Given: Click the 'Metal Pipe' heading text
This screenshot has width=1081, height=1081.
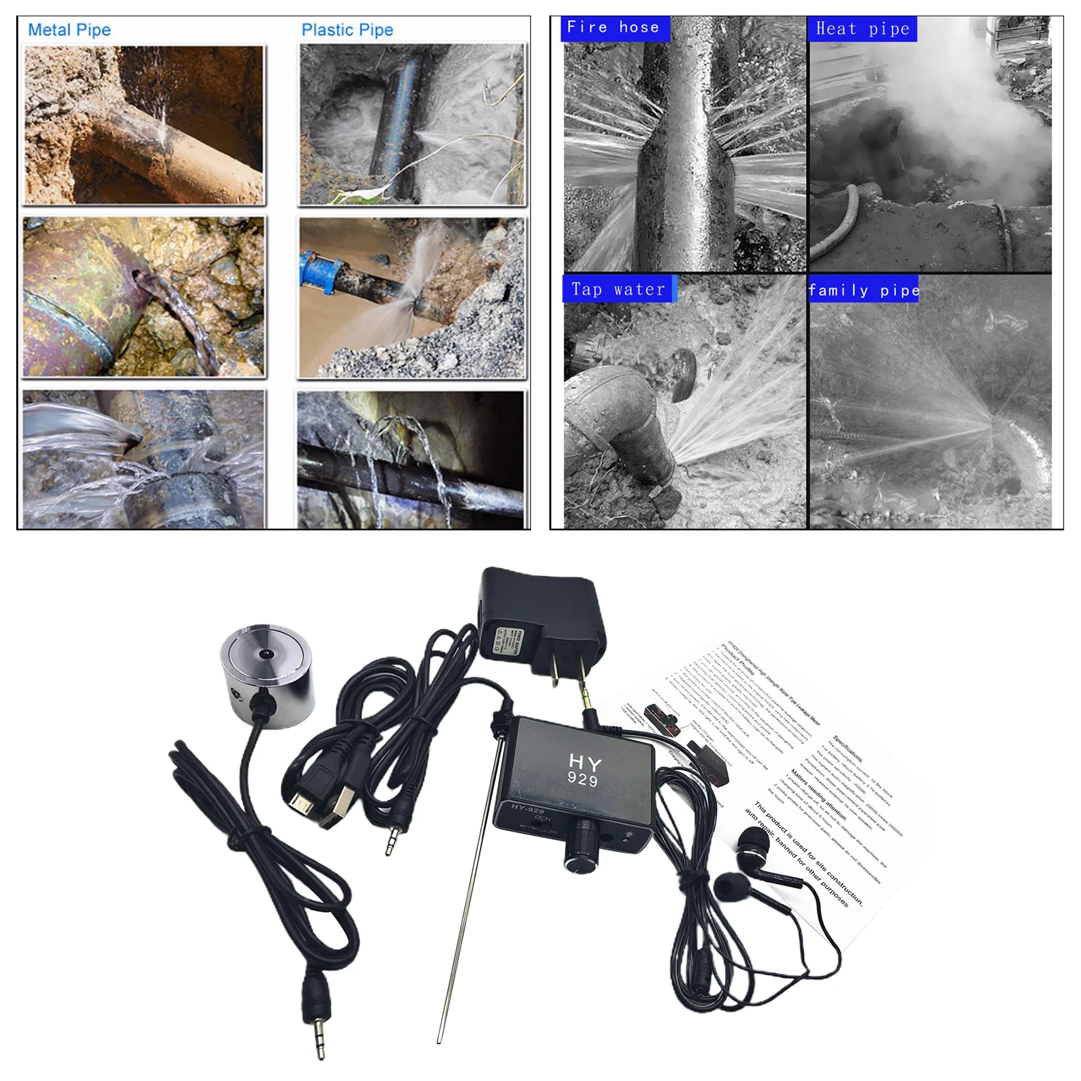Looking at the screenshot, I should click(x=69, y=30).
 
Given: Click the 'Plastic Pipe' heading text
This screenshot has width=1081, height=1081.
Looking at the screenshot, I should click(x=347, y=30).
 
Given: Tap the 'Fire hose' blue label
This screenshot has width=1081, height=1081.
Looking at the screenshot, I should click(x=613, y=28).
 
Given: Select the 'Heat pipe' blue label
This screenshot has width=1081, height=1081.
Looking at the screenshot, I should click(x=862, y=29).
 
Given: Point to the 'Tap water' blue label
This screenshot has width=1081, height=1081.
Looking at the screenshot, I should click(x=618, y=290).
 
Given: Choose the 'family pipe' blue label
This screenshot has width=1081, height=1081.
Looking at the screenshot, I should click(x=863, y=291).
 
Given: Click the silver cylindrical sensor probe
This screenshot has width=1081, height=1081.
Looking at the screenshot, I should click(x=267, y=676).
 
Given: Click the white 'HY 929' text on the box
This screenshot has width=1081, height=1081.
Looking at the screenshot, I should click(x=584, y=771).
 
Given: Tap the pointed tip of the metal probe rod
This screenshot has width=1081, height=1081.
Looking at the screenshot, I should click(x=440, y=1040).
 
